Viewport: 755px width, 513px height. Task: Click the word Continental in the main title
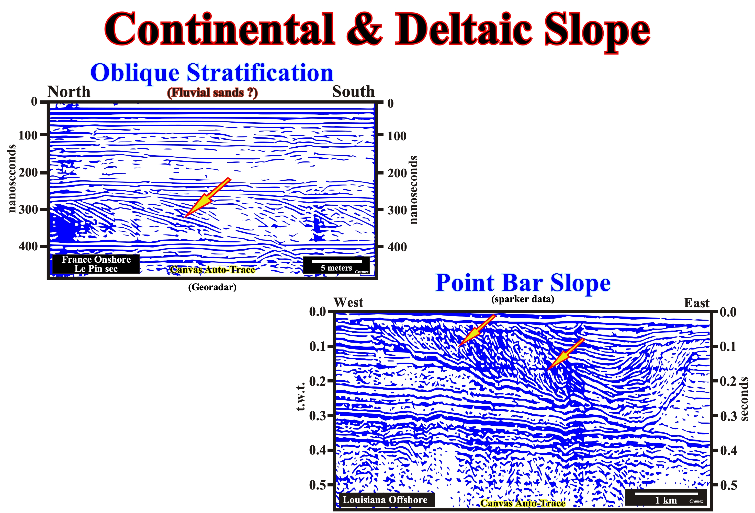tap(220, 29)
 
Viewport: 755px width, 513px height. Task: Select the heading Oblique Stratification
tap(212, 73)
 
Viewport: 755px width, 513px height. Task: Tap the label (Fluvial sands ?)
tap(212, 93)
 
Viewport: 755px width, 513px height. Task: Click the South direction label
tap(353, 91)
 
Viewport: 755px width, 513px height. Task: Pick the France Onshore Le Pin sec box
tap(96, 264)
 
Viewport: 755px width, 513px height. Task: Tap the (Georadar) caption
tap(212, 287)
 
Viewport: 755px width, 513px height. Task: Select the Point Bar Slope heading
tap(523, 283)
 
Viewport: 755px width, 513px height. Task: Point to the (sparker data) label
tap(523, 299)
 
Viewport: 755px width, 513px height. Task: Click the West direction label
tap(348, 302)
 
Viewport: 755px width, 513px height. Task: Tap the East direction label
tap(697, 303)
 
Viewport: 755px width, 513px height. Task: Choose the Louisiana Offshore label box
tap(385, 500)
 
